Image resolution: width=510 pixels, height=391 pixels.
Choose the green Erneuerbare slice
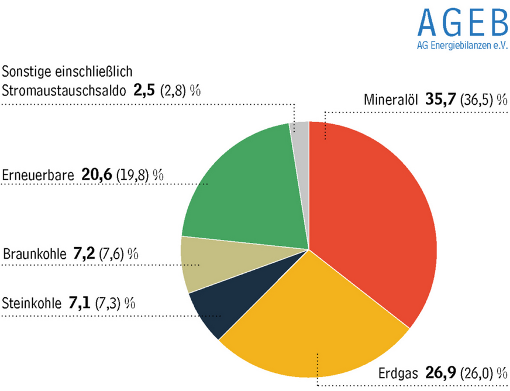(x=246, y=181)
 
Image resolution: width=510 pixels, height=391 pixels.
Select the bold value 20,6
(x=97, y=174)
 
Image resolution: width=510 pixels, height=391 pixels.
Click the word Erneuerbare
(x=38, y=175)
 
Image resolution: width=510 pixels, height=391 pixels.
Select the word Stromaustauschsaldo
(x=63, y=91)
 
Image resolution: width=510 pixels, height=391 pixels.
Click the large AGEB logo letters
(x=463, y=22)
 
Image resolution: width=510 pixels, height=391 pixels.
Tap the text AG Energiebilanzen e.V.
(x=463, y=45)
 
